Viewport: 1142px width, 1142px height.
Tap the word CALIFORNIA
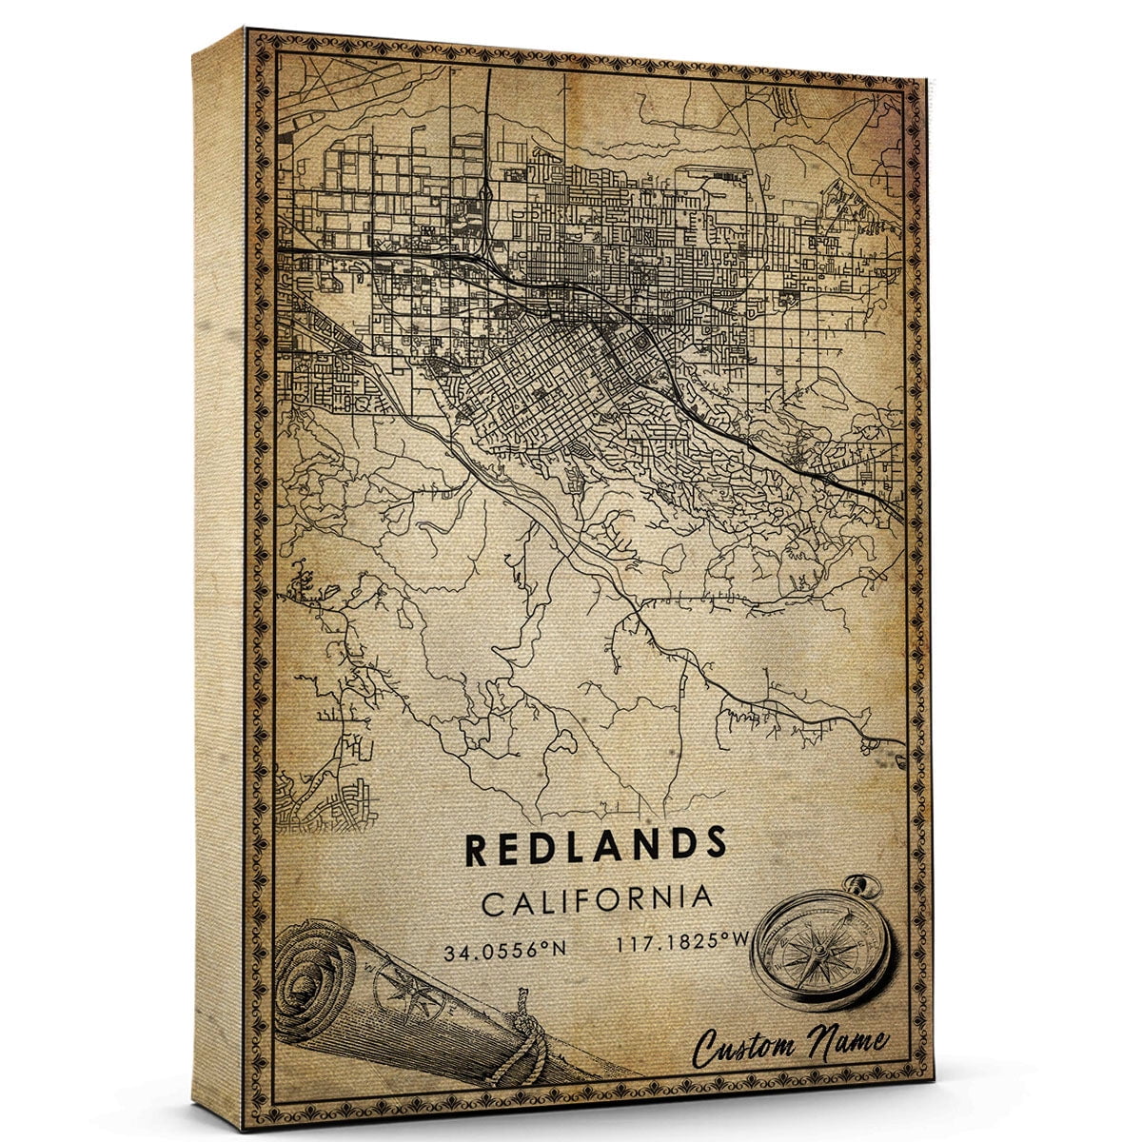coord(596,899)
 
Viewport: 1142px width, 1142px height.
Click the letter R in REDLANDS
coord(477,846)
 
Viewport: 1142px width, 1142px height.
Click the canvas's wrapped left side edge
coord(219,571)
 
